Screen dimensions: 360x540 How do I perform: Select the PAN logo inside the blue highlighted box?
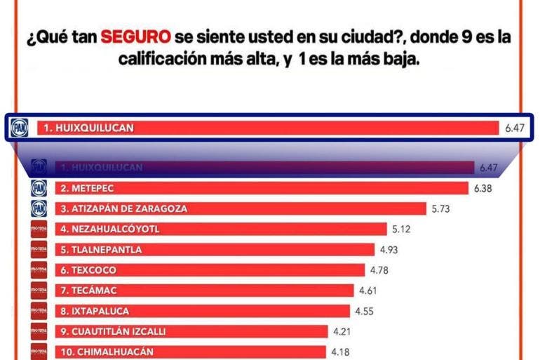[19, 128]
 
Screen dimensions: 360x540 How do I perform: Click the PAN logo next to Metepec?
[39, 188]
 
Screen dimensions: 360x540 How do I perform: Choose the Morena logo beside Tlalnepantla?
[39, 249]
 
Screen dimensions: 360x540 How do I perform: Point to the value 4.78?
[379, 269]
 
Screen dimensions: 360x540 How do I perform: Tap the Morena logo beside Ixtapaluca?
[39, 311]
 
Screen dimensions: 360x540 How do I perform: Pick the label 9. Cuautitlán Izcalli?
[113, 331]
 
